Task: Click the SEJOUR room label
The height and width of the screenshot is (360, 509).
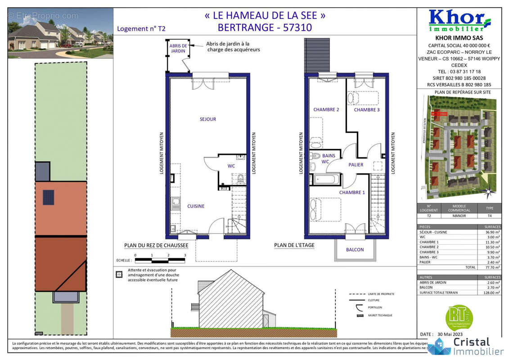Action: click(208, 119)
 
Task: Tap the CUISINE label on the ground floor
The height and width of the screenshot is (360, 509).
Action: click(196, 206)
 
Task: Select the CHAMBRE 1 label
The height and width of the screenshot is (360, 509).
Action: click(352, 193)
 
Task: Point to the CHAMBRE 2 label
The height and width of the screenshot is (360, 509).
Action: click(326, 110)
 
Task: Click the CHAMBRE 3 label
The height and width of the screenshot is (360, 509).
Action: click(366, 110)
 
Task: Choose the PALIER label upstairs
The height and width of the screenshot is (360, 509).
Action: click(356, 165)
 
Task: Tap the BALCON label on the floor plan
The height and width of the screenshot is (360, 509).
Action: click(355, 250)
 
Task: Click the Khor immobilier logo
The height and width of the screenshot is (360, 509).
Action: click(459, 20)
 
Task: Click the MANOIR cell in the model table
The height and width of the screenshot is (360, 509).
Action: click(459, 216)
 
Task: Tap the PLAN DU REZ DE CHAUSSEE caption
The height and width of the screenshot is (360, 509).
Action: click(156, 246)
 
